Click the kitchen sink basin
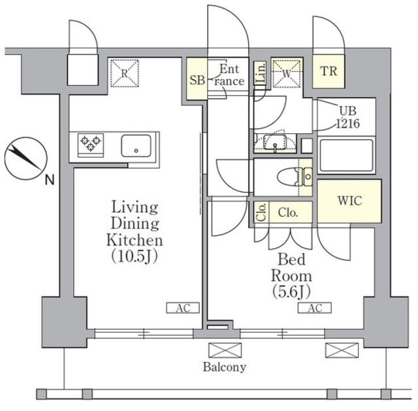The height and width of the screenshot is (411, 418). [137, 146]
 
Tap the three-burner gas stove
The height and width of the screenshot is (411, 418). [91, 145]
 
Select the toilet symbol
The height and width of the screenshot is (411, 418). [295, 177]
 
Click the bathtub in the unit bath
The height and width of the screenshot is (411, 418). [346, 156]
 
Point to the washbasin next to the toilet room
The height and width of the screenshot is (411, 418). [275, 142]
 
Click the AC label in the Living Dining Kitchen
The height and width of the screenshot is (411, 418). [183, 308]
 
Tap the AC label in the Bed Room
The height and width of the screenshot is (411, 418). [315, 308]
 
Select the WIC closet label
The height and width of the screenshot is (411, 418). [350, 201]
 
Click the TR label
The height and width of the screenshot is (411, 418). [329, 71]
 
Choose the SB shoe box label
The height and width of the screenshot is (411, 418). [197, 80]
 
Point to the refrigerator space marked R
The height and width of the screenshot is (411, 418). [125, 73]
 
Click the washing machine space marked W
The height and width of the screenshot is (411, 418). [287, 73]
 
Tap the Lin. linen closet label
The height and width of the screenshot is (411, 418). [261, 73]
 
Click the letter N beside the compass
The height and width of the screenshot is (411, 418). [50, 180]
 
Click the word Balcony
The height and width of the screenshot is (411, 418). [225, 367]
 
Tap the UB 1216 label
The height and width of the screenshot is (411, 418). [347, 118]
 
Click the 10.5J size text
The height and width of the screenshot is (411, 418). [135, 256]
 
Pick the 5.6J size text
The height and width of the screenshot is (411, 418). [292, 292]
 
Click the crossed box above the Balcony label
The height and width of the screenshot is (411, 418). [225, 350]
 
